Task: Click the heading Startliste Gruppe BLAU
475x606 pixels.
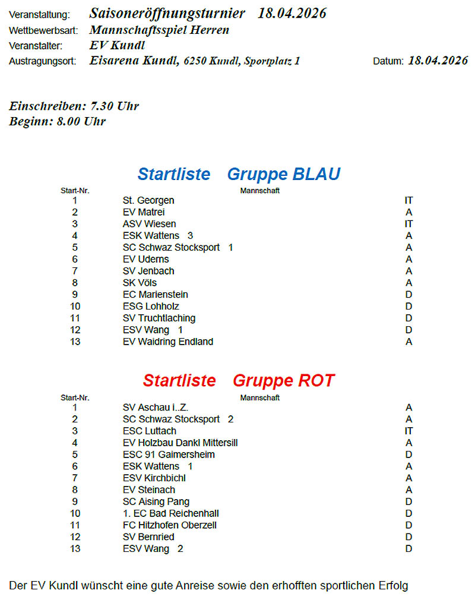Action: pos(239,174)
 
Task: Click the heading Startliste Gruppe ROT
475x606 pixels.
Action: pos(239,380)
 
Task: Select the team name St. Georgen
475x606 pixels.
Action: pos(148,201)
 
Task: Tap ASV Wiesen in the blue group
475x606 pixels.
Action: pos(149,224)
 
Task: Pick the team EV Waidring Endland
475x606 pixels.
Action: pos(167,342)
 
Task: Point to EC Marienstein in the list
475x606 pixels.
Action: pos(155,295)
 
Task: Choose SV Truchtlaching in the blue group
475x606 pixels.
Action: pos(159,318)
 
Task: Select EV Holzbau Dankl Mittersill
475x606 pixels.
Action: pos(180,443)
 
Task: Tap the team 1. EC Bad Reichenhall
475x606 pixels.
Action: pos(171,513)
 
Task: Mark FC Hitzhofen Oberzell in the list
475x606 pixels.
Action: pos(169,525)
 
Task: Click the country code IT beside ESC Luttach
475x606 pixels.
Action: pos(408,431)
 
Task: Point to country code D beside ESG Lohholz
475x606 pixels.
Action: pos(408,307)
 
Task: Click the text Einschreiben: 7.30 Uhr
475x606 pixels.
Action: pos(74,106)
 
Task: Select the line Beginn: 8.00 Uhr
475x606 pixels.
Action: pos(58,121)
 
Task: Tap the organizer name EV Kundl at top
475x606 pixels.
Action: pos(117,45)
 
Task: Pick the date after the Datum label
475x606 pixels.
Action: pos(438,61)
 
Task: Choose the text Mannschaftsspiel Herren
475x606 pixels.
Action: pos(159,30)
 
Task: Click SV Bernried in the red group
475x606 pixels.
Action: pos(148,537)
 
